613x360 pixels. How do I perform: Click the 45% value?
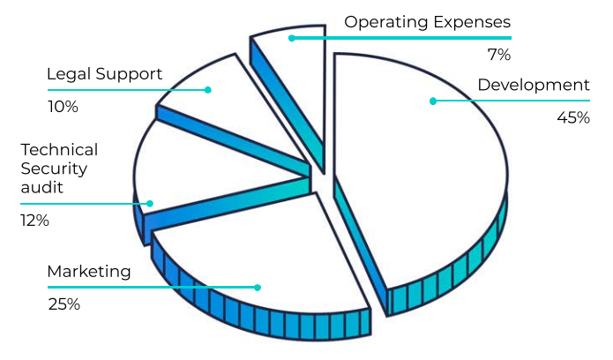tap(573, 117)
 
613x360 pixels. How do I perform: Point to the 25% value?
tap(64, 304)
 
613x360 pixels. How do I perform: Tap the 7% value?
tap(499, 55)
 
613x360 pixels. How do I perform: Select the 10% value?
tap(63, 107)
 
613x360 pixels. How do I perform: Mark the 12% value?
tap(34, 221)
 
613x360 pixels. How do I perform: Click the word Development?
tap(534, 85)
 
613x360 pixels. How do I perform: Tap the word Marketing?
tap(89, 272)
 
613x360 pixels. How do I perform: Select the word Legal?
tap(69, 74)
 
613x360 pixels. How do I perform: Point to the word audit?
tap(41, 187)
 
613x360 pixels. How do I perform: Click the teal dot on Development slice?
tap(433, 101)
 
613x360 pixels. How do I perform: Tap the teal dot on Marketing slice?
tap(258, 288)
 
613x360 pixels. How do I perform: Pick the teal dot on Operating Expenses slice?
tap(292, 38)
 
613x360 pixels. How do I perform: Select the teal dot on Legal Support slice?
tap(208, 90)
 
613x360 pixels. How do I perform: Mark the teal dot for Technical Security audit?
tap(150, 204)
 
